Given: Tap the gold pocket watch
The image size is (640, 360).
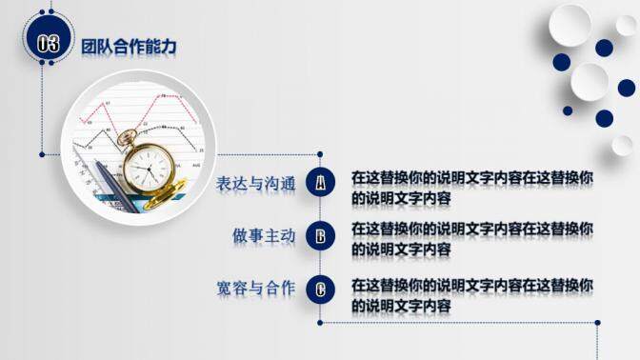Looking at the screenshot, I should click(150, 169).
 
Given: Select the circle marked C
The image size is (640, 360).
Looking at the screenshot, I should click(321, 289).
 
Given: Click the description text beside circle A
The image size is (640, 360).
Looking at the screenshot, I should click(472, 187).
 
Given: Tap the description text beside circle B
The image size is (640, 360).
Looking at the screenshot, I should click(472, 238).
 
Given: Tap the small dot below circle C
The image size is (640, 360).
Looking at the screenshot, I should click(321, 322).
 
